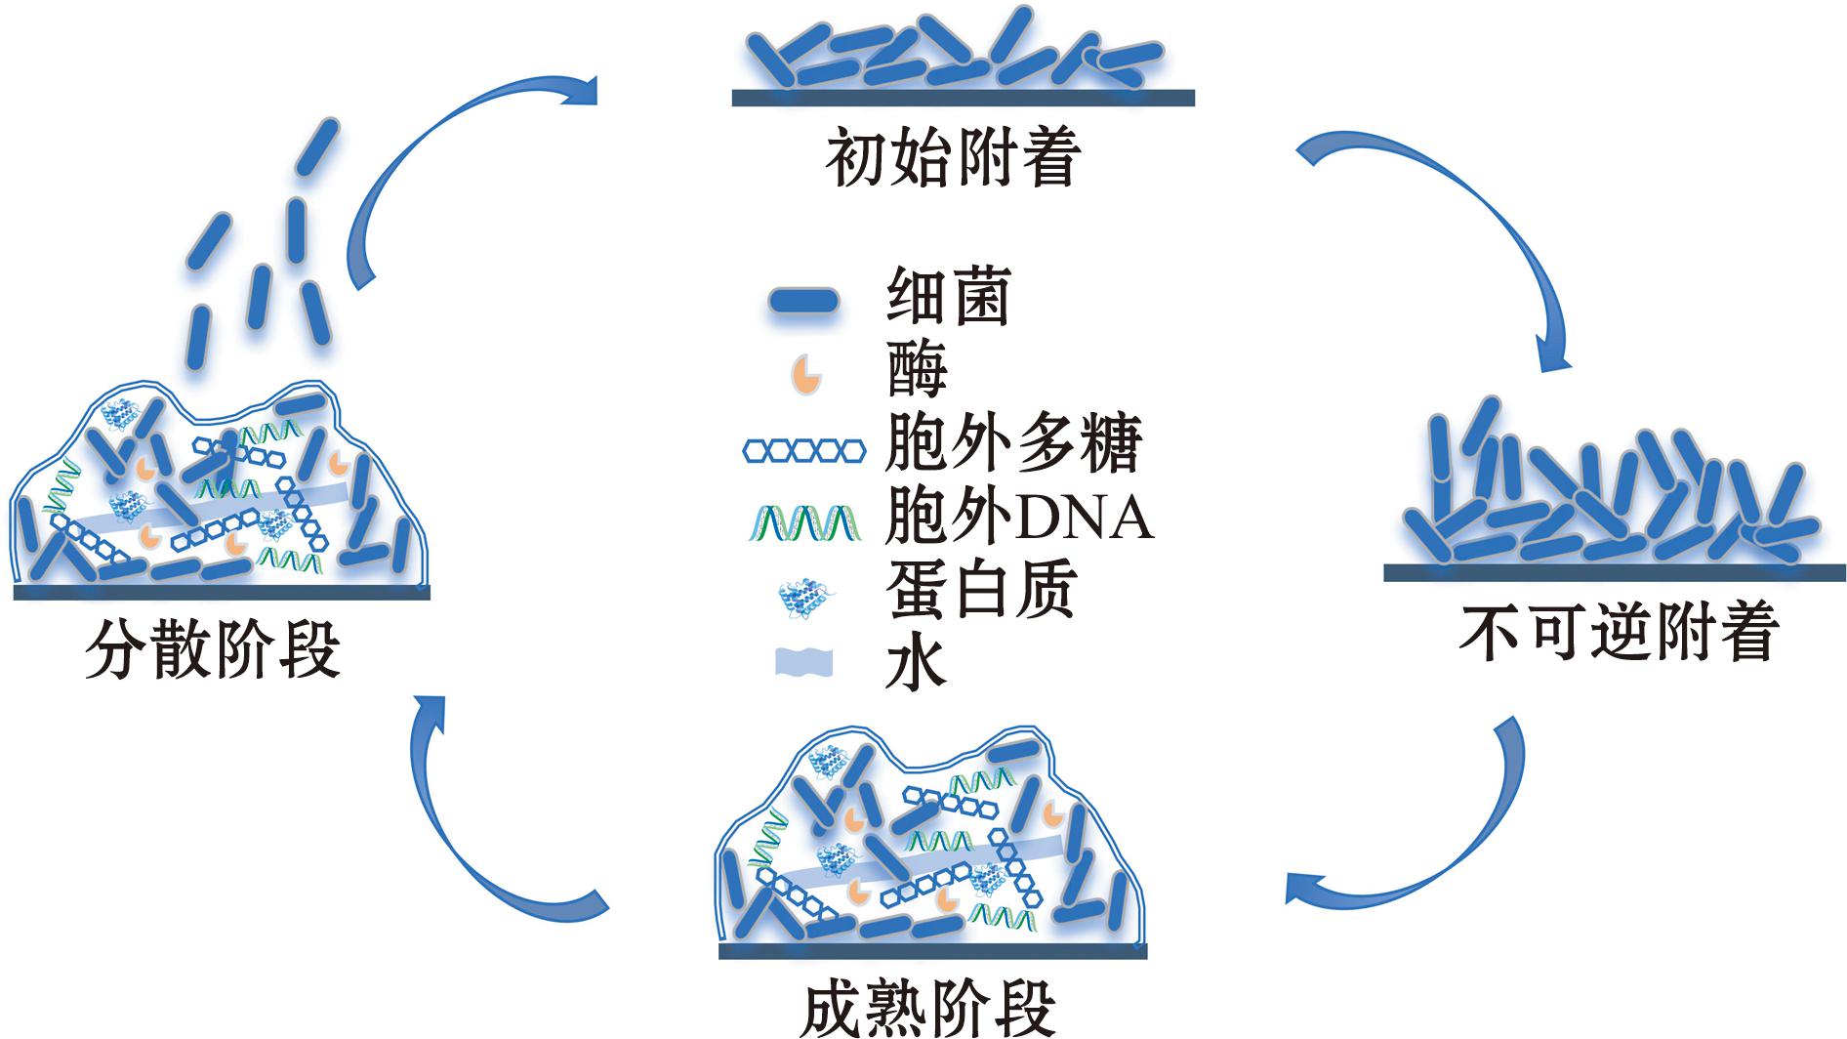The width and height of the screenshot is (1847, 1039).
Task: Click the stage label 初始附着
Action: pyautogui.click(x=954, y=158)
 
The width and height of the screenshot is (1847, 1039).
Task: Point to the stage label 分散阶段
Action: pyautogui.click(x=213, y=649)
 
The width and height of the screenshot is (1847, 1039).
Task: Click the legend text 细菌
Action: pyautogui.click(x=948, y=297)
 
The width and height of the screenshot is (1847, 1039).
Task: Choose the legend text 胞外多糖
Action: pyautogui.click(x=1013, y=444)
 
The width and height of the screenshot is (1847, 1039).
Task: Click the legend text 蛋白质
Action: pyautogui.click(x=981, y=590)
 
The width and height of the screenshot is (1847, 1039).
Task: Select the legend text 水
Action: pyautogui.click(x=916, y=664)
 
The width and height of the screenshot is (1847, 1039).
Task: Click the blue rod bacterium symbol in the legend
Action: pyautogui.click(x=803, y=301)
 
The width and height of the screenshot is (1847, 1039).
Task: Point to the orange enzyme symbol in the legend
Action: pyautogui.click(x=805, y=373)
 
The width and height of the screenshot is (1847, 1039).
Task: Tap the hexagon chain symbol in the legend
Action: pyautogui.click(x=804, y=450)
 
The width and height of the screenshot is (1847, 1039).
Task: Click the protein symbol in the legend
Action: pyautogui.click(x=804, y=598)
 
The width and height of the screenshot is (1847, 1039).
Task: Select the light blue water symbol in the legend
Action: pyautogui.click(x=803, y=662)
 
